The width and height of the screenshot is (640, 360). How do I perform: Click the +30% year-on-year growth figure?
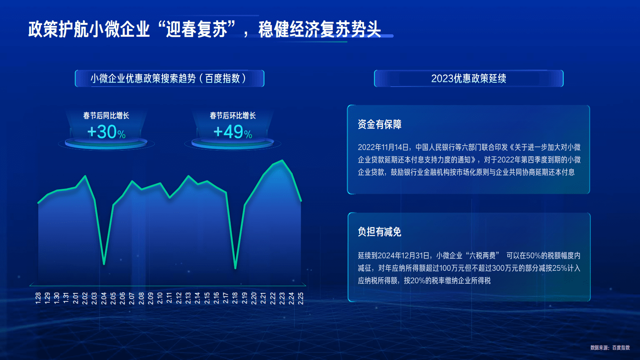[106, 132]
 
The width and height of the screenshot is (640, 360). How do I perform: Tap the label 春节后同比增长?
[106, 116]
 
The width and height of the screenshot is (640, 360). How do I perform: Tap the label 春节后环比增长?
[233, 116]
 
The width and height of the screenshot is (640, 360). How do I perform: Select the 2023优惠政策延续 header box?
[469, 78]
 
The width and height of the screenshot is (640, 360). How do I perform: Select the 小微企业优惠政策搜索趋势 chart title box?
[169, 78]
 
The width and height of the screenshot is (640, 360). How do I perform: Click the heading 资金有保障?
[379, 124]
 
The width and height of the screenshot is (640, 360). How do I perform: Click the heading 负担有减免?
[379, 232]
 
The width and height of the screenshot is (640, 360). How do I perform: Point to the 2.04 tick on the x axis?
[104, 298]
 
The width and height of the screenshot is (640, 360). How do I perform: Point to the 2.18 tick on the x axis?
[235, 298]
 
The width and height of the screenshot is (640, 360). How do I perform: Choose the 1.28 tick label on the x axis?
[38, 298]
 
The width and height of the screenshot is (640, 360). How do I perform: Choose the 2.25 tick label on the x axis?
[301, 298]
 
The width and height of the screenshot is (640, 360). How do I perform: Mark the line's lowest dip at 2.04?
[104, 264]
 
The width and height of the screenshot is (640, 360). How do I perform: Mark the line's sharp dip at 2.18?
[235, 268]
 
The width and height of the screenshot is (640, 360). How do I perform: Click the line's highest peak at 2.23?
[282, 161]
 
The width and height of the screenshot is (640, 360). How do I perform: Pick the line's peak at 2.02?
[85, 176]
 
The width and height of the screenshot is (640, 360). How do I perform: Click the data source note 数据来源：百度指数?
[610, 347]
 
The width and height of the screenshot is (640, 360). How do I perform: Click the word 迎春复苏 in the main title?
[197, 29]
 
